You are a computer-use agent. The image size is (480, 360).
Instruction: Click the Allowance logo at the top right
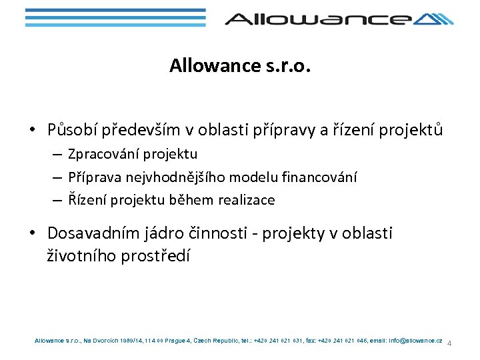[x=339, y=18]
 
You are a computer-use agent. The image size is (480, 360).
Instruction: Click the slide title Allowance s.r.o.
[x=241, y=65]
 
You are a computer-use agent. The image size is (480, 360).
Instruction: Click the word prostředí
[x=157, y=255]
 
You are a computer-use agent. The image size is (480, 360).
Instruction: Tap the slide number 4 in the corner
[x=449, y=344]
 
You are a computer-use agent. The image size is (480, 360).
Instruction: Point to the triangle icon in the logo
[x=433, y=19]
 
